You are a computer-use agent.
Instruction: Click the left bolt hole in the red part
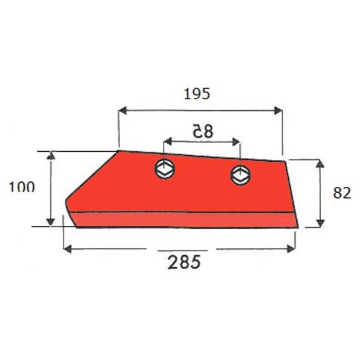click(x=165, y=168)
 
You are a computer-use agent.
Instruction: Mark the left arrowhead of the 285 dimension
click(x=66, y=248)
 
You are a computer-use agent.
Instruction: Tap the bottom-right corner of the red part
click(x=298, y=227)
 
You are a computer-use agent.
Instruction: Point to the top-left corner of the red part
click(x=119, y=151)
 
